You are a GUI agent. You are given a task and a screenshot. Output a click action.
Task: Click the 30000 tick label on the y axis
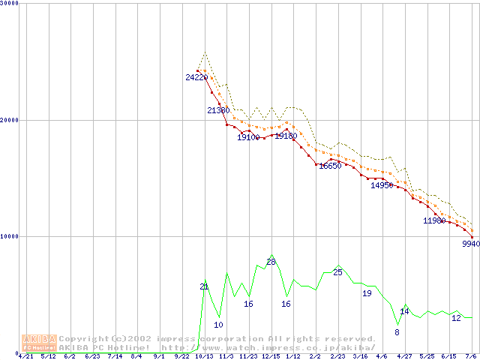(10, 4)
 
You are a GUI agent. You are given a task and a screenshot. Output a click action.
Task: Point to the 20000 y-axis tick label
(10, 120)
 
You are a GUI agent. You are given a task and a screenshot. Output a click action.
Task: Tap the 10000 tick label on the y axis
(10, 236)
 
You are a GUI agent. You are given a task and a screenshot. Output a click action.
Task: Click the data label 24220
(196, 77)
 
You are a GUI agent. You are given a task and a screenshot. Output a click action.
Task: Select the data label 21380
(218, 110)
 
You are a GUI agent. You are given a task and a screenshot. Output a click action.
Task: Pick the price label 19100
(248, 137)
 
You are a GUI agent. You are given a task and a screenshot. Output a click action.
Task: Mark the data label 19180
(286, 136)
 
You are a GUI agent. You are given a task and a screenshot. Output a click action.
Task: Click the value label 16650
(330, 166)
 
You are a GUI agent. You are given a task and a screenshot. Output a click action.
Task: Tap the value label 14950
(382, 185)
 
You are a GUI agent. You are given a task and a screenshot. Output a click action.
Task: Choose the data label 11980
(434, 220)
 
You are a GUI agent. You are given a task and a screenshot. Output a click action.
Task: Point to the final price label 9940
(470, 244)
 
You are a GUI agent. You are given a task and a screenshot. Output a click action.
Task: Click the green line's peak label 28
(271, 262)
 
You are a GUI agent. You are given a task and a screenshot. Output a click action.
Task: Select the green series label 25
(337, 272)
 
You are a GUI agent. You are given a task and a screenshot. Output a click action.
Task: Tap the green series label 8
(397, 332)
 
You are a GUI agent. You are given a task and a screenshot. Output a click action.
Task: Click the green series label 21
(204, 286)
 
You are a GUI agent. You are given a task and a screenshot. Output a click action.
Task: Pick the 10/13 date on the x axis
(203, 357)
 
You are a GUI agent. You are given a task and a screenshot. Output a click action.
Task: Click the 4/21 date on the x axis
(25, 357)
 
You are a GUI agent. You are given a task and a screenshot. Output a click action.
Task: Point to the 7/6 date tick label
(472, 357)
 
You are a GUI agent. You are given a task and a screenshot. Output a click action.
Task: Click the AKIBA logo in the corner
(38, 343)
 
